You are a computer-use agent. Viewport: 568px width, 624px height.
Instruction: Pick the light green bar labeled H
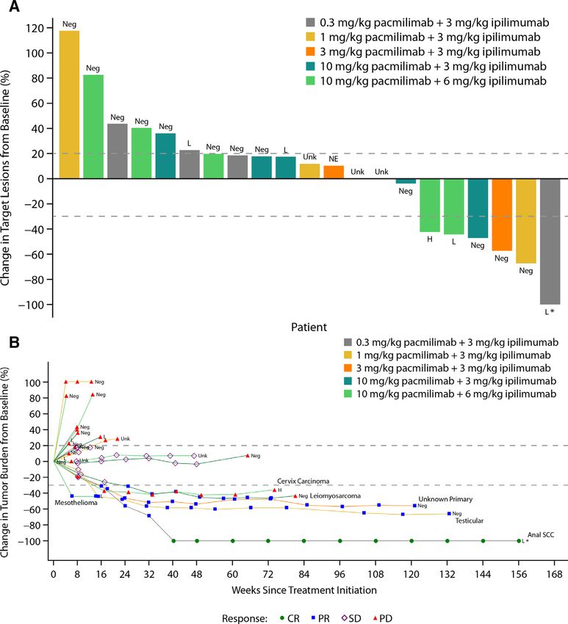coord(429,206)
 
